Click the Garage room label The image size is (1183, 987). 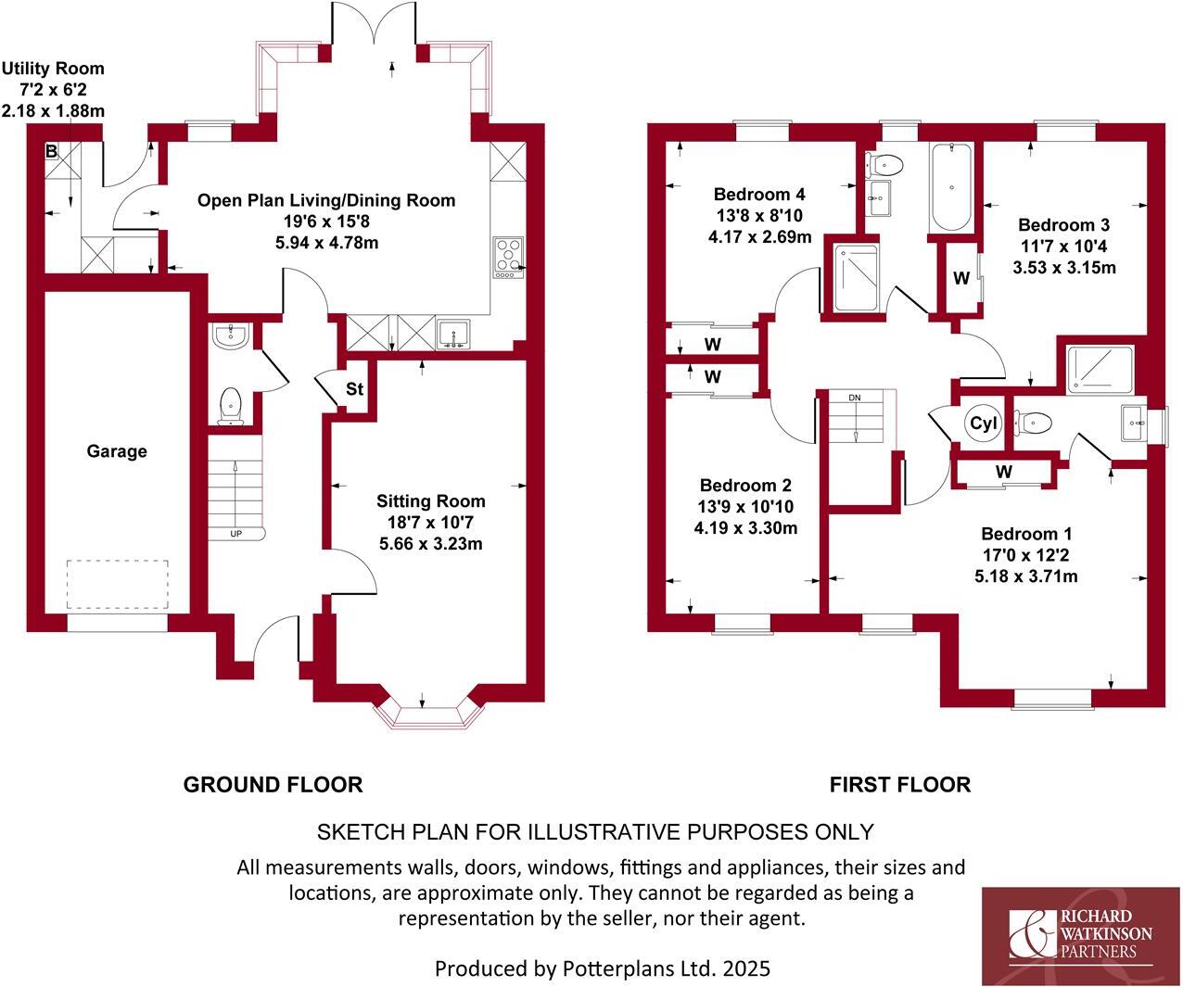click(x=117, y=451)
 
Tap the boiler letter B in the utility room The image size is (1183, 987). click(x=52, y=151)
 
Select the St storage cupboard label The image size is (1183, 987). click(x=354, y=389)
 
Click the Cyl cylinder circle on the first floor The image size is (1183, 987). click(x=983, y=424)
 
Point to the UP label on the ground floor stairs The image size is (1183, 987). click(x=235, y=534)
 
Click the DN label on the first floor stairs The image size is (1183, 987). click(x=854, y=398)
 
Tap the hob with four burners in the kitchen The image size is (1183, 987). click(x=508, y=257)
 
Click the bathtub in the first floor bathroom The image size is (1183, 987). click(x=951, y=187)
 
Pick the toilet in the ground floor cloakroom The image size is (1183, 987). click(x=230, y=405)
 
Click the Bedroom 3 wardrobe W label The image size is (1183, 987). click(x=961, y=278)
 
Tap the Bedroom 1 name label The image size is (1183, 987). click(x=1025, y=534)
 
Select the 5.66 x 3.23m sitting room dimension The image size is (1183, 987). click(x=430, y=544)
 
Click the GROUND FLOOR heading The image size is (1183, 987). click(x=273, y=785)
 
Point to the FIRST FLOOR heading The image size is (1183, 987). click(x=899, y=785)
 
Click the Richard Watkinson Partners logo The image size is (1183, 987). click(x=1080, y=934)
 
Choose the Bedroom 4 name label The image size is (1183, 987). click(x=758, y=195)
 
